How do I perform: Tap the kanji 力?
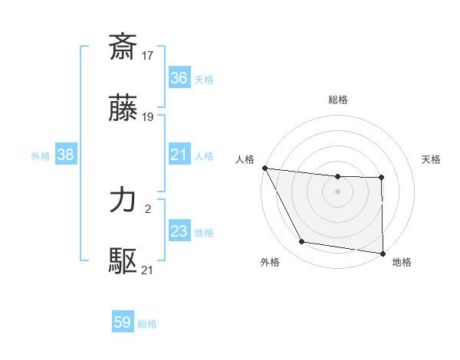(123, 201)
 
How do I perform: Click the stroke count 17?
(149, 55)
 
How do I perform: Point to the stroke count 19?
(149, 117)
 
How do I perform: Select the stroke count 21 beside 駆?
(149, 270)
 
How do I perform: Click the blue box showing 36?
(179, 78)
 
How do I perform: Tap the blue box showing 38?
(66, 155)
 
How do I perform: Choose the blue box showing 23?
(179, 231)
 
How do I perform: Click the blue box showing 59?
(123, 323)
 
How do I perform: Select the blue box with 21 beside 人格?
(179, 155)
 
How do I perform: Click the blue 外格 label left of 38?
(41, 155)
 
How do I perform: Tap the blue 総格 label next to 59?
(147, 324)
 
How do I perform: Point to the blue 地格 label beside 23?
(204, 232)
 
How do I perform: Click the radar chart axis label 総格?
(338, 100)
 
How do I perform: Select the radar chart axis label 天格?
(431, 159)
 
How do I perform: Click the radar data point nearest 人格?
(264, 168)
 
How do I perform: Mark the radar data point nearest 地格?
(383, 253)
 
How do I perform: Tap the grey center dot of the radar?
(337, 191)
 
